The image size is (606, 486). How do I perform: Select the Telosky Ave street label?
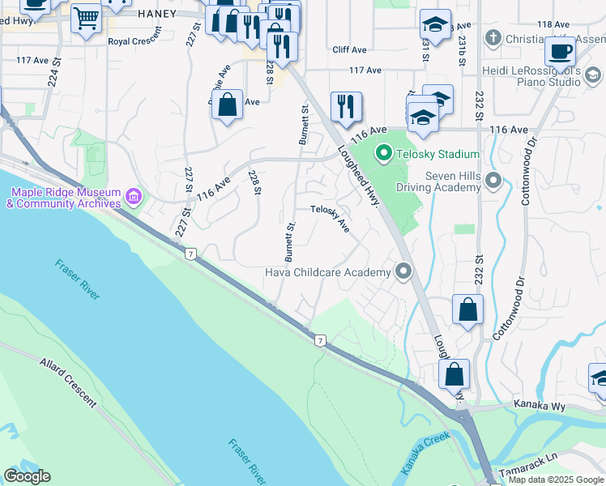point(331,220)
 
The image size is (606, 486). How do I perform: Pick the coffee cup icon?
point(560,52)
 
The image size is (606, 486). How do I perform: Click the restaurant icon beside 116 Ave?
point(346,106)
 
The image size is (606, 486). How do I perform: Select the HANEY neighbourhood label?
point(156,13)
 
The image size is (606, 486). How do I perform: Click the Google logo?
point(27,476)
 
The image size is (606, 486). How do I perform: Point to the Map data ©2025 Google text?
point(557,480)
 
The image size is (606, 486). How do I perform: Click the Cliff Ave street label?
point(349,49)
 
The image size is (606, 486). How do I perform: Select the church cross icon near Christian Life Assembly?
point(493,38)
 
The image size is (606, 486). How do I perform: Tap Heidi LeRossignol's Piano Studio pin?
point(592,76)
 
